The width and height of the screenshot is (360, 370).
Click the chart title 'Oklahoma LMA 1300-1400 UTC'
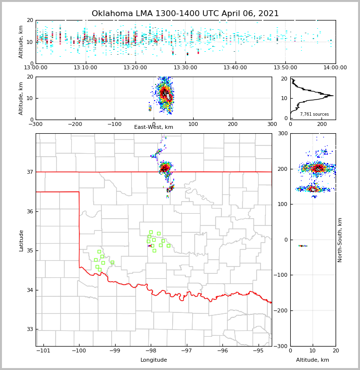(x=185, y=14)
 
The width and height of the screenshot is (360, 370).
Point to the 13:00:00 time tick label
(x=36, y=68)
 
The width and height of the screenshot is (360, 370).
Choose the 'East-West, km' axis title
(x=154, y=127)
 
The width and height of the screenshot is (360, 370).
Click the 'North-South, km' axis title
(x=340, y=240)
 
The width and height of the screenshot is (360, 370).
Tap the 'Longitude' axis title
(x=154, y=360)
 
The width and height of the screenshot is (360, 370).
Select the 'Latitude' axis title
(x=21, y=240)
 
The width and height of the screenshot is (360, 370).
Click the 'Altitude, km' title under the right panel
(x=313, y=360)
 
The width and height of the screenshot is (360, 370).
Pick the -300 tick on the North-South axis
(x=282, y=346)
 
